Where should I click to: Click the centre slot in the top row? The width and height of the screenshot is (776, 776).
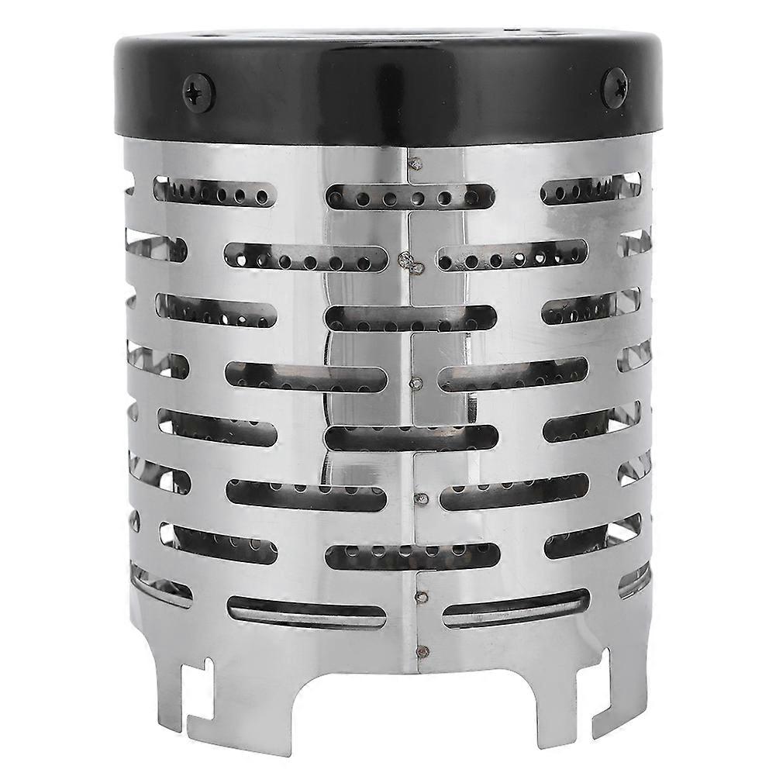[411, 196]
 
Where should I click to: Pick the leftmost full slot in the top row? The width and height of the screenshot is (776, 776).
[216, 191]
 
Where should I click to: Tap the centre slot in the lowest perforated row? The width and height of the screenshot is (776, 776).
[411, 554]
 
